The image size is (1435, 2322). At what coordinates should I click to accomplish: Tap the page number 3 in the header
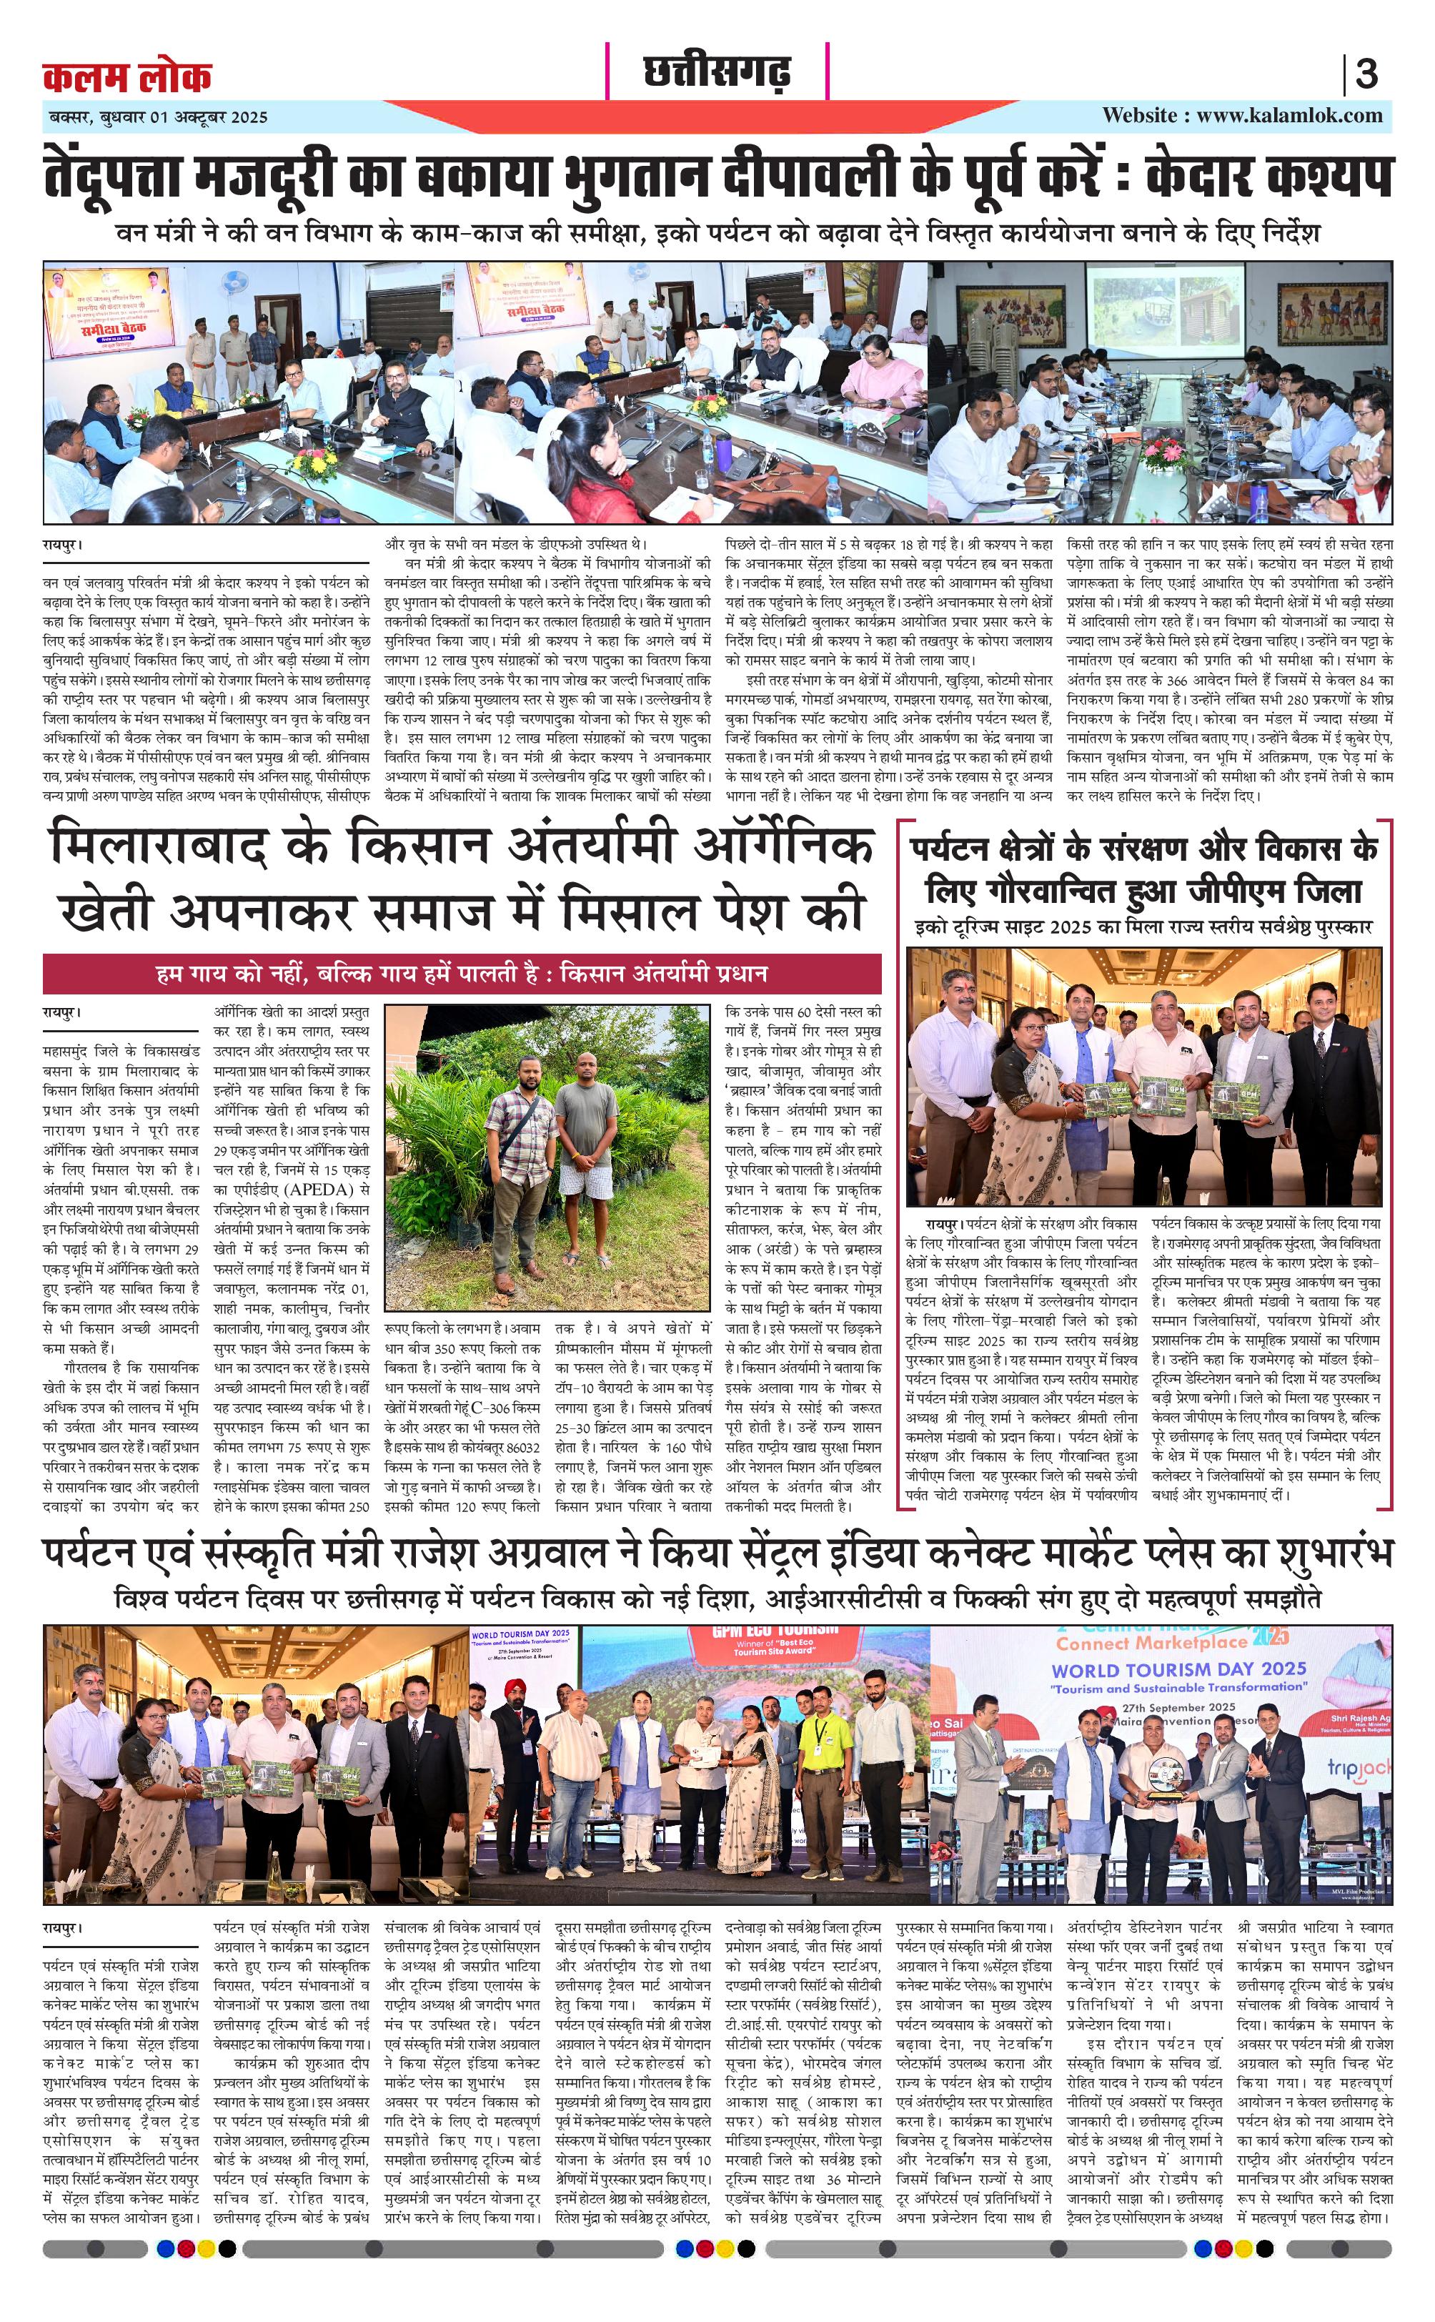[x=1366, y=74]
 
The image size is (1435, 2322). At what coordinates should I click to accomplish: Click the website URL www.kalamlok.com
[x=1241, y=116]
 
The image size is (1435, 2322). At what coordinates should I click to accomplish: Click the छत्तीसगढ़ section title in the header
[x=717, y=72]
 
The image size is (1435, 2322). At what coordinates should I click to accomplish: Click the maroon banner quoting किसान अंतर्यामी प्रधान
[x=462, y=974]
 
